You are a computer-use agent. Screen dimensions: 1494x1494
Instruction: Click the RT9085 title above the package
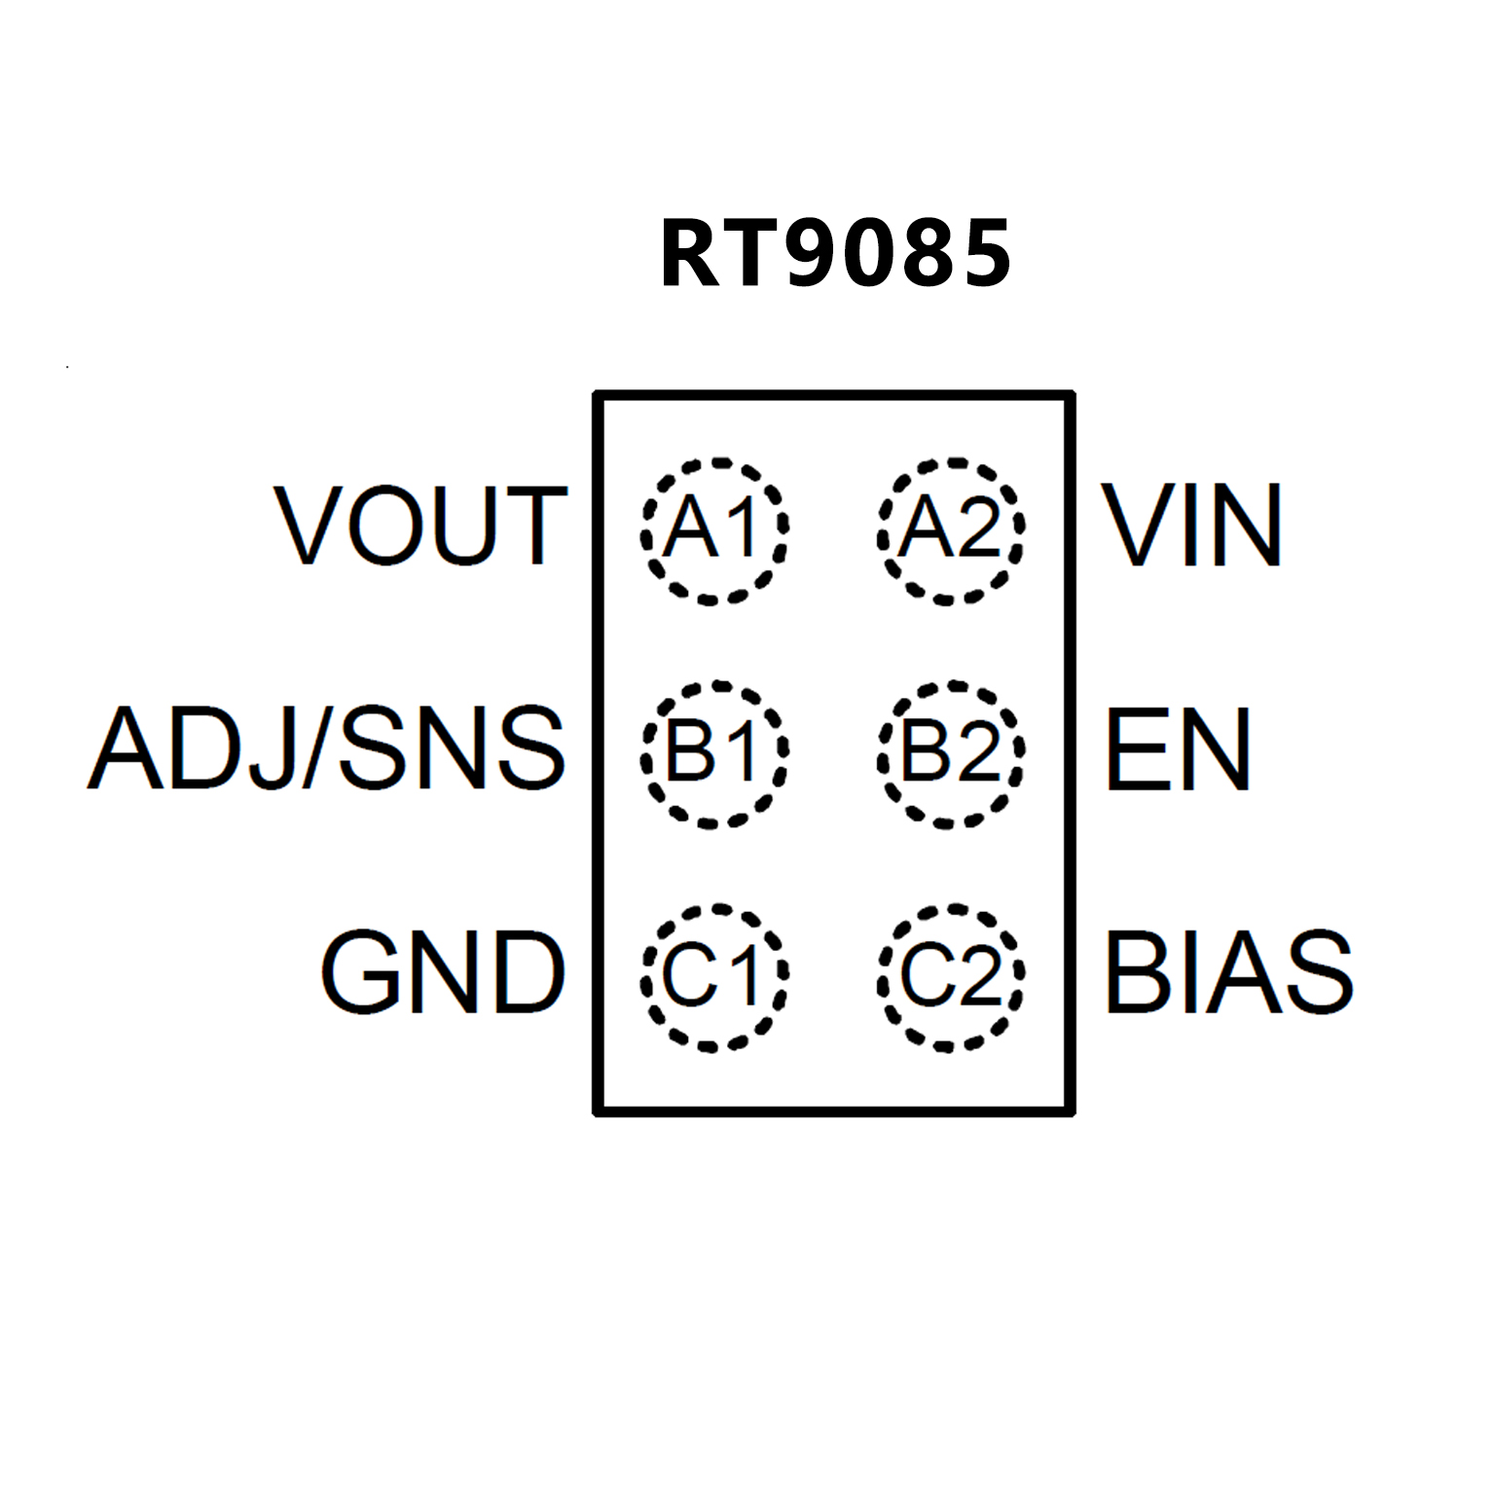coord(835,254)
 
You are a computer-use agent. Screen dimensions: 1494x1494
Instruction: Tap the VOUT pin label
coord(420,526)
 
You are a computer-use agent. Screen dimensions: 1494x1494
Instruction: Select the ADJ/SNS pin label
coord(327,748)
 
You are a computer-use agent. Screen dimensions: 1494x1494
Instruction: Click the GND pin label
coord(443,971)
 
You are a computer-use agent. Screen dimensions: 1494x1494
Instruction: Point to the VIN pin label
coord(1192,526)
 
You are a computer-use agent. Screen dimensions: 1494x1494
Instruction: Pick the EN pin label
coord(1178,748)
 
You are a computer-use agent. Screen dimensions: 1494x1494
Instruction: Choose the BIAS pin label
coord(1228,971)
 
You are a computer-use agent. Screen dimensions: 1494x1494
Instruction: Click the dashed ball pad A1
coord(713,530)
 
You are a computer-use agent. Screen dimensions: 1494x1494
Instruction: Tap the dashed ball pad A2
coord(951,530)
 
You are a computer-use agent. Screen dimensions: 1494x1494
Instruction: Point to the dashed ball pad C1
coord(713,977)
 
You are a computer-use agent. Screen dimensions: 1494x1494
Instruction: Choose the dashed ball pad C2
coord(951,977)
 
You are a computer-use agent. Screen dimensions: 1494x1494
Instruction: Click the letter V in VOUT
coord(310,526)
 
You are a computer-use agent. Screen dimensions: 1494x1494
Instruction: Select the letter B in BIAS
coord(1135,971)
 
